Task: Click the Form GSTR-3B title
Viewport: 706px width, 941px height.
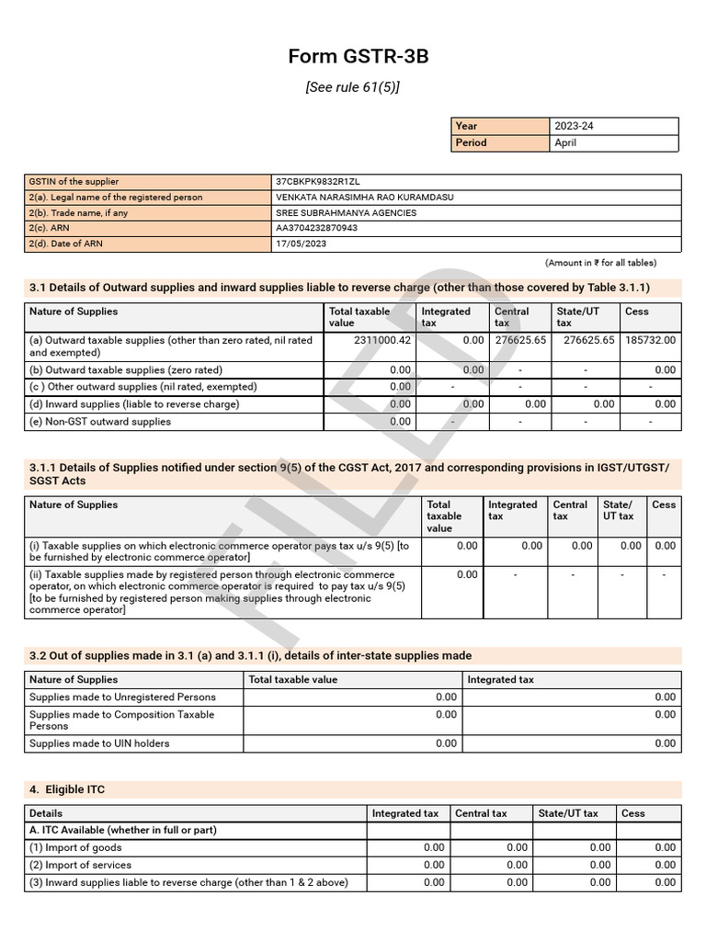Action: tap(359, 57)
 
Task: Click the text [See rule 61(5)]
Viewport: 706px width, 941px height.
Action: tap(353, 87)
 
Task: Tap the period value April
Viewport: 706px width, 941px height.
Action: tap(565, 142)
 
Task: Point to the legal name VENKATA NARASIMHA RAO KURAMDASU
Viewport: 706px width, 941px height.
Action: tap(364, 198)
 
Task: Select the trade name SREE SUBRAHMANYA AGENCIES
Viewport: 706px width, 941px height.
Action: tap(346, 213)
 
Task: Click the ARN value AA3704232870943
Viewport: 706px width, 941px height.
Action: tap(316, 228)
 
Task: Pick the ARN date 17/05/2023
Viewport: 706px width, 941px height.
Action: tap(301, 244)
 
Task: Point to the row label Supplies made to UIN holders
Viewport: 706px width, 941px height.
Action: tap(99, 743)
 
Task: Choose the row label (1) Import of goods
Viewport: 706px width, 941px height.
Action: tap(75, 847)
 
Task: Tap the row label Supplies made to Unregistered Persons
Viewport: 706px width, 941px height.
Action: tap(123, 697)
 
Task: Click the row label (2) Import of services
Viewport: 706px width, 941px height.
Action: tap(80, 865)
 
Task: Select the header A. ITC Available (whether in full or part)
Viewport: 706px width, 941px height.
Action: tap(123, 830)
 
